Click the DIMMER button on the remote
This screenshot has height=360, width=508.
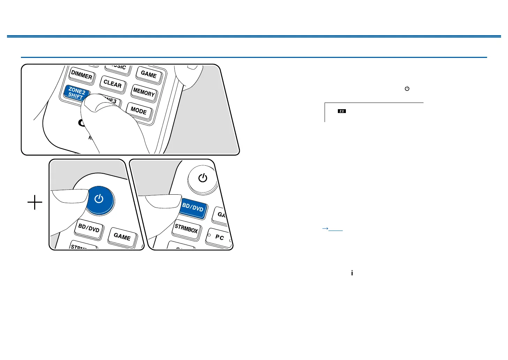[x=82, y=75]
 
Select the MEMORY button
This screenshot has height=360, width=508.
[x=144, y=92]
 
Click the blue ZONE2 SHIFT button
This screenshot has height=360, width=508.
[x=76, y=93]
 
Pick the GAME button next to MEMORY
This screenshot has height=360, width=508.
[x=149, y=74]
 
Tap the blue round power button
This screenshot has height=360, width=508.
[x=99, y=199]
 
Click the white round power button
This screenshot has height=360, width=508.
[x=203, y=178]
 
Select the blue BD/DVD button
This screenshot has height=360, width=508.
[x=193, y=208]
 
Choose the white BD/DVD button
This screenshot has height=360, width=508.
[x=89, y=228]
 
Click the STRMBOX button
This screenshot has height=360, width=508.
[x=186, y=229]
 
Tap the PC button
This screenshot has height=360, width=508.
[x=219, y=237]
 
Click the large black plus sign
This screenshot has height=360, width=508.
[x=35, y=202]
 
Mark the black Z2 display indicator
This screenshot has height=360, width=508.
[x=342, y=111]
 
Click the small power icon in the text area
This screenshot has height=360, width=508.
[x=407, y=89]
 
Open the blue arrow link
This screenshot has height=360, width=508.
[x=332, y=229]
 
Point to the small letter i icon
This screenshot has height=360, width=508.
[x=352, y=273]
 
